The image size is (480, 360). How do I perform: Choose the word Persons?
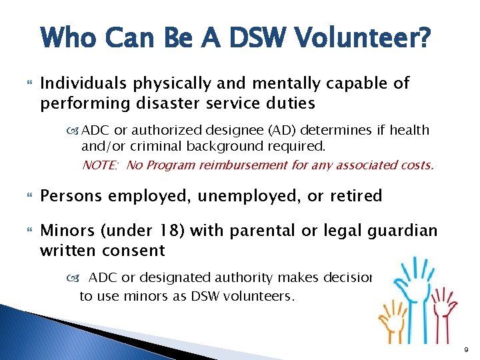[x=70, y=196]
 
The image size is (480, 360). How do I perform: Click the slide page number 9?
[x=467, y=347]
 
